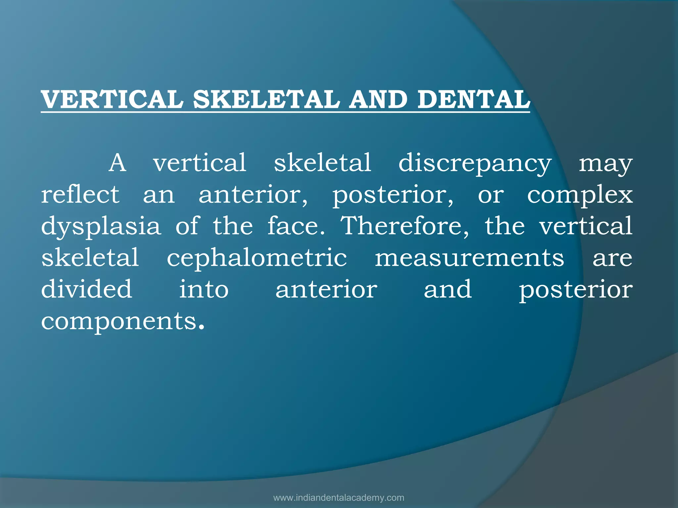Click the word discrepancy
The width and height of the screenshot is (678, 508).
tap(475, 163)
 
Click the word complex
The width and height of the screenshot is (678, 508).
tap(580, 195)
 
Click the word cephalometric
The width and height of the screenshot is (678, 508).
tap(257, 258)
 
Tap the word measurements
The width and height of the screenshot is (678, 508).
tap(469, 258)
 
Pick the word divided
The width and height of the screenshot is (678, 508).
tap(87, 289)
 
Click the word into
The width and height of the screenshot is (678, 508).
tap(204, 289)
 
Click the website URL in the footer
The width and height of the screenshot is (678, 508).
tap(339, 498)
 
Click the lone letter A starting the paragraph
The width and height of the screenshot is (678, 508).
tap(118, 163)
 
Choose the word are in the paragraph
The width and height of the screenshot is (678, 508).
tap(612, 258)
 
